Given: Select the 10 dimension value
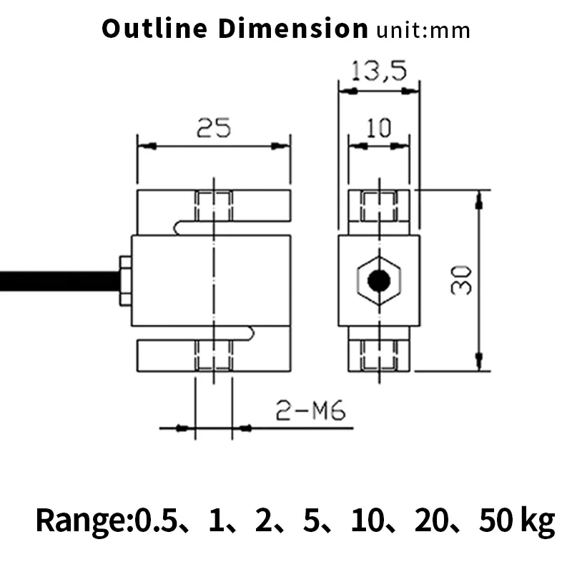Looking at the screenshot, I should click(378, 128).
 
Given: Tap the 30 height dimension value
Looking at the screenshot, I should click(461, 280).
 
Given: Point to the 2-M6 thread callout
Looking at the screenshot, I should click(310, 411).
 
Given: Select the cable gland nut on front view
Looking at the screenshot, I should click(124, 280).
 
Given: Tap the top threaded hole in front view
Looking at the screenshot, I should click(214, 205).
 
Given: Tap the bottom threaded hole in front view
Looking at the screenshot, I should click(214, 355).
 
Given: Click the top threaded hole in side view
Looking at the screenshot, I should click(378, 205).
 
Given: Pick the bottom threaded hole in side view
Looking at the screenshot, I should click(378, 355).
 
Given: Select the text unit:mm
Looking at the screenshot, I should click(423, 31).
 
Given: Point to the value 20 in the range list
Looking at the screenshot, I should click(429, 521).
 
